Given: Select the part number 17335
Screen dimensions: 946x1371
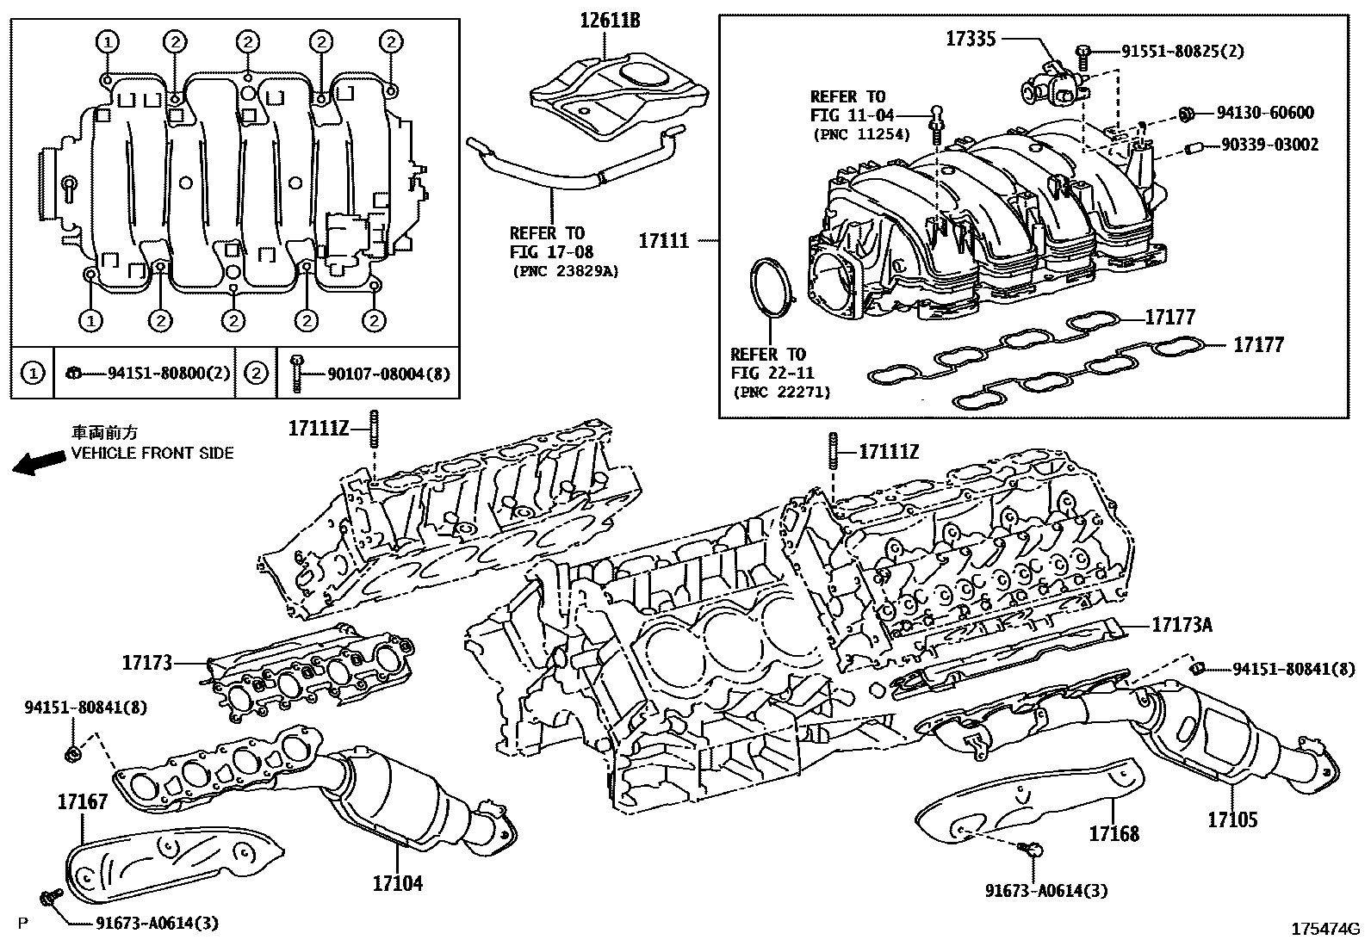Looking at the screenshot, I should (x=971, y=38).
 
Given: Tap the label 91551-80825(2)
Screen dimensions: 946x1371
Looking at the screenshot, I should (x=1182, y=52).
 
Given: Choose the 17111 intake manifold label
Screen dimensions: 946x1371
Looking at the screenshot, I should (x=663, y=241).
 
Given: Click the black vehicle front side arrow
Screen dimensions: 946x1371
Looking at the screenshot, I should (x=40, y=463).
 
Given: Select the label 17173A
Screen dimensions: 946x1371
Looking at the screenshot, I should (x=1182, y=625).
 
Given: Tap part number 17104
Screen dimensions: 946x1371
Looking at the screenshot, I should (x=398, y=883).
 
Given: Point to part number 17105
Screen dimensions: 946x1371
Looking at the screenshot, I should (x=1231, y=819).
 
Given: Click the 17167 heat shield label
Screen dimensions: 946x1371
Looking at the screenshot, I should (x=83, y=802).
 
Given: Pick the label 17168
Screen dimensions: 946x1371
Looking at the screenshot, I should (x=1114, y=833).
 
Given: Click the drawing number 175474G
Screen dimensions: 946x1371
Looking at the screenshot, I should (x=1324, y=930).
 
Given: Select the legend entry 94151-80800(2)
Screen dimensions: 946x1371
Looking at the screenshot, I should (x=169, y=374).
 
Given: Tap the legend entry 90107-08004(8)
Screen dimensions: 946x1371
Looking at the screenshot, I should (x=388, y=374).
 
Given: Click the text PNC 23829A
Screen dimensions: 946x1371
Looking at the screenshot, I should (x=565, y=271).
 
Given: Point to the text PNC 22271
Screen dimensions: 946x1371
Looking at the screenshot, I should (x=781, y=392).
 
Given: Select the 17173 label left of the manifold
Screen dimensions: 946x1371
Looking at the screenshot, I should (x=146, y=663).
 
